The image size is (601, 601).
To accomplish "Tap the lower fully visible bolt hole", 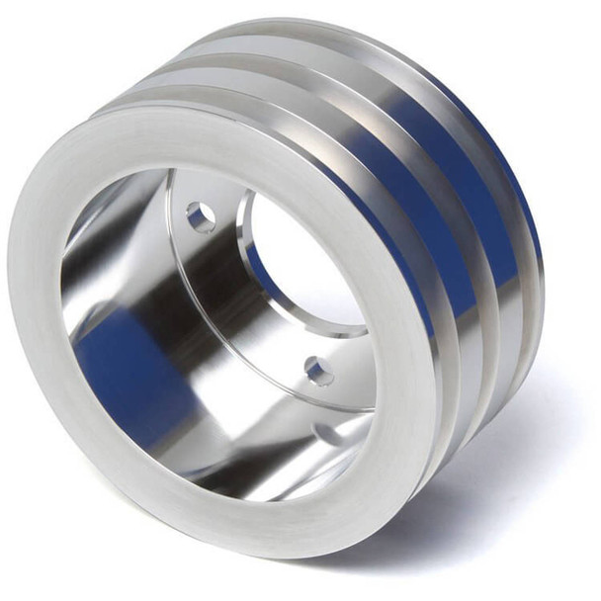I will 318,371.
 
